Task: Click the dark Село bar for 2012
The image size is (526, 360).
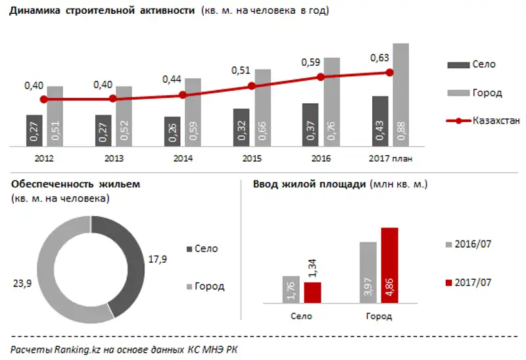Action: point(35,131)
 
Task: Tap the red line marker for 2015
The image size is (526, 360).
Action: point(251,86)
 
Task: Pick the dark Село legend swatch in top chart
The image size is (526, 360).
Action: point(456,64)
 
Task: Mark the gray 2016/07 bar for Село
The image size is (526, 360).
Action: point(291,289)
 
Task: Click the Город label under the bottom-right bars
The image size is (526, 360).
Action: point(377,317)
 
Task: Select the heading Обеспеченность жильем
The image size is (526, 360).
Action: point(76,184)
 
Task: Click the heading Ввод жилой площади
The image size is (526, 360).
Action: point(309,184)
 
